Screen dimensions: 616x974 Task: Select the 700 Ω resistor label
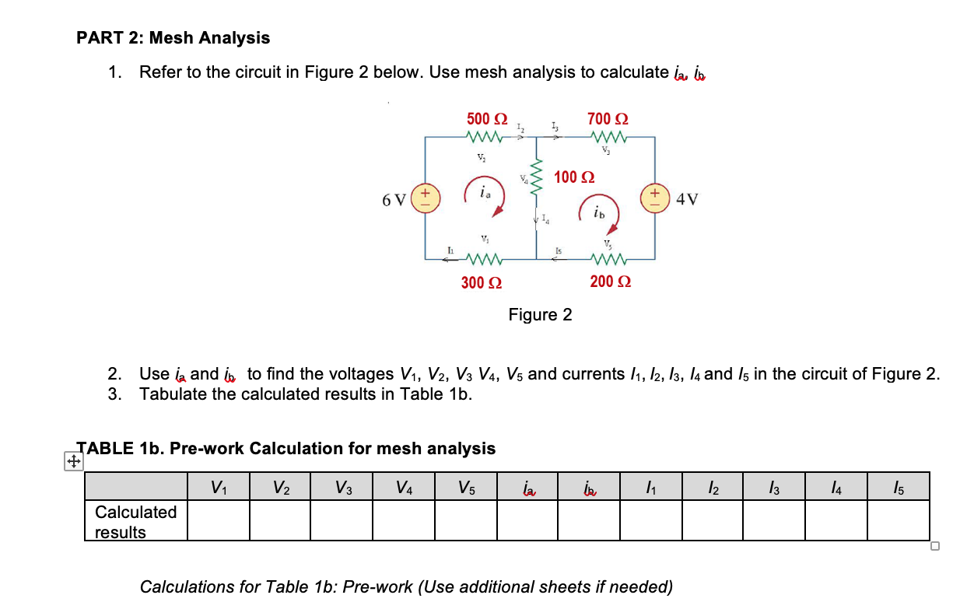coord(608,119)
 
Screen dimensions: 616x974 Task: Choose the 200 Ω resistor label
coord(610,282)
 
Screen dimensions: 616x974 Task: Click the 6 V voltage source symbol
coord(426,198)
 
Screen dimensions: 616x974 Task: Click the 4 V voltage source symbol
coord(655,198)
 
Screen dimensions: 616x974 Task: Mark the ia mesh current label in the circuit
coord(485,191)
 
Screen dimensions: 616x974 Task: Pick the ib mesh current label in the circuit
coord(597,212)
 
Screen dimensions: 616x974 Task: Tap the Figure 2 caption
coord(540,315)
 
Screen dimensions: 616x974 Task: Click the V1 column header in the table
coord(219,488)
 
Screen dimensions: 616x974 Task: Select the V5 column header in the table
coord(465,488)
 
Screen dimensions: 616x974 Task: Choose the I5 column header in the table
coord(899,488)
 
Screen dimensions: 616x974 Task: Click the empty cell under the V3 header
coord(342,520)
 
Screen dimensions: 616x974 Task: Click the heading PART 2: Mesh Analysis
coord(173,37)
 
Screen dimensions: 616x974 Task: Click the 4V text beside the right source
coord(688,198)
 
